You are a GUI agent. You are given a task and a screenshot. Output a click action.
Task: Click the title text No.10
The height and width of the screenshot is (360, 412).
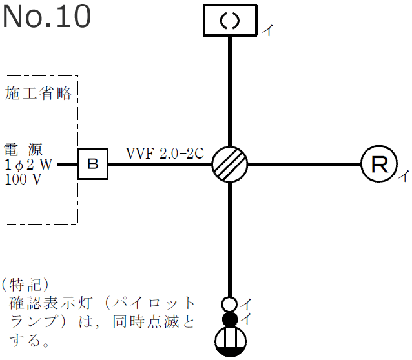46,17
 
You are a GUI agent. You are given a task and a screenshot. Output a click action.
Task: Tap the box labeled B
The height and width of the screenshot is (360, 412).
93,165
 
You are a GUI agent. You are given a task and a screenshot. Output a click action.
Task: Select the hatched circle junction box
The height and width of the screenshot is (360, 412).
230,165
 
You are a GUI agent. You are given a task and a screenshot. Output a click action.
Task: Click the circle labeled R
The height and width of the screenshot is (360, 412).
378,165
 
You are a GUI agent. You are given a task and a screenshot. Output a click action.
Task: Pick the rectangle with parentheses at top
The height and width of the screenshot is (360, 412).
231,20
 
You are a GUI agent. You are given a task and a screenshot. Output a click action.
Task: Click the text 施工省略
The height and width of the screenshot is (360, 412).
38,94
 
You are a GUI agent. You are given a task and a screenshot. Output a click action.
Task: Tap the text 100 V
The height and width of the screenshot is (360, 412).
23,179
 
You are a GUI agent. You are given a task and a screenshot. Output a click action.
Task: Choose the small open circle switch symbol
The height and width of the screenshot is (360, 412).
229,303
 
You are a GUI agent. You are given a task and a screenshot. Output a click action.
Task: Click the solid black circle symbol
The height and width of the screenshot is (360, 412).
229,319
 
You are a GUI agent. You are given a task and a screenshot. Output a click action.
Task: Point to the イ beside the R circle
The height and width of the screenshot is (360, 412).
402,175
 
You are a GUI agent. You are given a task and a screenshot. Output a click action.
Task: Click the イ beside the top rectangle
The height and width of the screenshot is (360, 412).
266,30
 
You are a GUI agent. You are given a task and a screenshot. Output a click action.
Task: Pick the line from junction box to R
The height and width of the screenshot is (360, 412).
304,165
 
